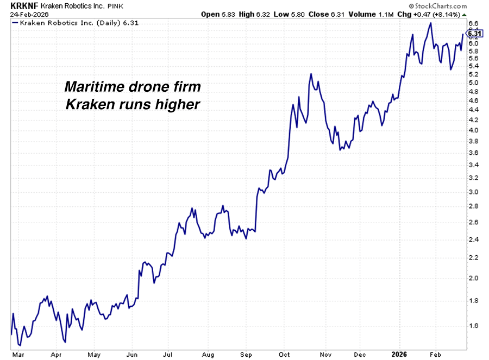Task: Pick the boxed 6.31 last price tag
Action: [x=474, y=34]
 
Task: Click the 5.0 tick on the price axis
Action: [x=473, y=83]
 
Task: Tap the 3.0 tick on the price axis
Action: [x=473, y=192]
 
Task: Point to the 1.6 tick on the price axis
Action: [x=473, y=325]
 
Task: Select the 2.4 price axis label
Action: [x=473, y=239]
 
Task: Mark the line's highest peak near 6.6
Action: [x=430, y=23]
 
